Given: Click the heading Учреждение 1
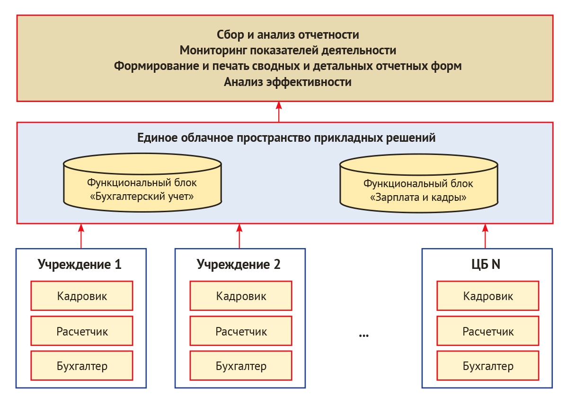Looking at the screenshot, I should click(80, 265).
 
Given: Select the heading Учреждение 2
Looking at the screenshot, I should click(239, 265).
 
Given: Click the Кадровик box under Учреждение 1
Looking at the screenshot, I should click(82, 296).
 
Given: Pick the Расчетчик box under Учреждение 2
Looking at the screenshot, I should click(241, 331).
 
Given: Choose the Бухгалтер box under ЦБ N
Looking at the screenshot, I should click(488, 366).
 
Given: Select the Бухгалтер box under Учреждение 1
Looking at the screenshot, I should click(82, 366).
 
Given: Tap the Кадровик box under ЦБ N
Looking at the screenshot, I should click(488, 296).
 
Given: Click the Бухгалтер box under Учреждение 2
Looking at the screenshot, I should click(241, 366).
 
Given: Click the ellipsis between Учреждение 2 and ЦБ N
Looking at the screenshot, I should click(363, 335).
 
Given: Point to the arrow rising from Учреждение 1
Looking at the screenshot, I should click(81, 236).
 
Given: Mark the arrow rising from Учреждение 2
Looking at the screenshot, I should click(239, 236).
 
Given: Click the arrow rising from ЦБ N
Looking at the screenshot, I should click(485, 236).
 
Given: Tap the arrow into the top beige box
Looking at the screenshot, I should click(279, 112).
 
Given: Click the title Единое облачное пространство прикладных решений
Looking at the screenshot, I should click(286, 138).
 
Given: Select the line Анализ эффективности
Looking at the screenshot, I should click(288, 82).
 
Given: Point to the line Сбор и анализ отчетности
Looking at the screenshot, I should click(288, 34).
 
